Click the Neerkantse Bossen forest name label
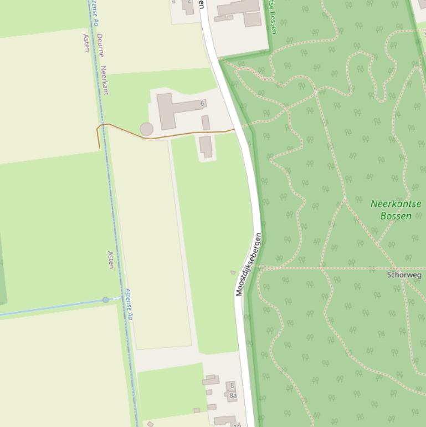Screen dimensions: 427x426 pos(396,210)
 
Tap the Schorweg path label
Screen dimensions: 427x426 pos(404,274)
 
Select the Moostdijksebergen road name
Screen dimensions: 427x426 pos(248,265)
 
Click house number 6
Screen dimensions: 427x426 pos(202,104)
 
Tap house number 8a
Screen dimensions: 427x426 pos(233,395)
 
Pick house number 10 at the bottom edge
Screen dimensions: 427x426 pos(237,425)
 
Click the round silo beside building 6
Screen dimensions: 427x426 pos(146,129)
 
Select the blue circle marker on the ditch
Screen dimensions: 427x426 pos(106,300)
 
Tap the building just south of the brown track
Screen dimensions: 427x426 pos(206,147)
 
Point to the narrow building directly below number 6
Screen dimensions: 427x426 pos(206,123)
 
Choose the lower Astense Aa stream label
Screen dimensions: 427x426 pos(129,304)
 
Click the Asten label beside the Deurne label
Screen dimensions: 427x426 pos(86,43)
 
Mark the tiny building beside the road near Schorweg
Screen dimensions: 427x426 pos(233,272)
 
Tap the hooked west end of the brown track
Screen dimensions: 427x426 pos(100,133)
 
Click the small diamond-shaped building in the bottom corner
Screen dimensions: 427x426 pos(150,424)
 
